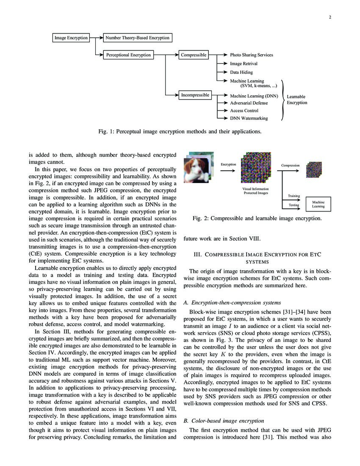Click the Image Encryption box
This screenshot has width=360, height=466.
(71, 38)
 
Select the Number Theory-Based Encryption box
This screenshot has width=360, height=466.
(137, 38)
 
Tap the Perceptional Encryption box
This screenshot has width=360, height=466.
(127, 55)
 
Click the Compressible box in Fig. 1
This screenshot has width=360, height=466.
(194, 55)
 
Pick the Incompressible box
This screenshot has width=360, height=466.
(195, 95)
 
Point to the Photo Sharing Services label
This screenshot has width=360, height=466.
(251, 55)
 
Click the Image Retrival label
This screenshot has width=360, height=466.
(244, 64)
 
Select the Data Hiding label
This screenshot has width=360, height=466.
(241, 72)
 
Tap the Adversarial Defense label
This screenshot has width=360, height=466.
(249, 103)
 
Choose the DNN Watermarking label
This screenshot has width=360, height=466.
(249, 118)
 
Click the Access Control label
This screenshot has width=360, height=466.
(244, 111)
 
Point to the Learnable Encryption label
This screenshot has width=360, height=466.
(296, 100)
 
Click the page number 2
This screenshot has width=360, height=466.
(329, 18)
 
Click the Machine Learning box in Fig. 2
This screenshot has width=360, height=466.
(318, 204)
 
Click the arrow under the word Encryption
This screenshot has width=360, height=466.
(228, 170)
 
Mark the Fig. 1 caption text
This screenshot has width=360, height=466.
(180, 131)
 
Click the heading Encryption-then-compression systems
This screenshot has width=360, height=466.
(232, 302)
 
